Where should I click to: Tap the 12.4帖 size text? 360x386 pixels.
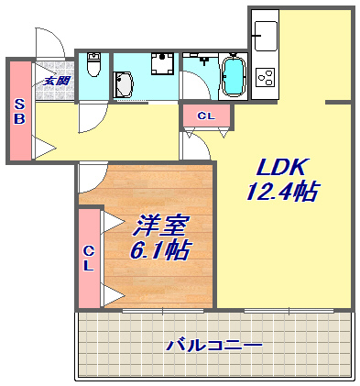tap(282, 192)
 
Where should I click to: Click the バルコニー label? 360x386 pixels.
tap(213, 346)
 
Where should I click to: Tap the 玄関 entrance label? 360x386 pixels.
tap(56, 81)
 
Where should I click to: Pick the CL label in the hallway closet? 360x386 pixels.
tap(206, 116)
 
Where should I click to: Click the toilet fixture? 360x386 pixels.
tap(93, 67)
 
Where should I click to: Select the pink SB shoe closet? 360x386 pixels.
tap(19, 110)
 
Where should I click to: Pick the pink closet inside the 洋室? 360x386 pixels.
tap(89, 258)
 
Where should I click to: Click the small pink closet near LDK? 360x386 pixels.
tap(206, 116)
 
